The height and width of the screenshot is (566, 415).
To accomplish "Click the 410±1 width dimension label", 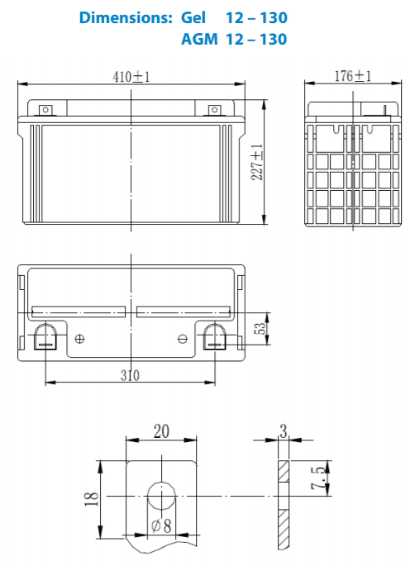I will click(132, 77).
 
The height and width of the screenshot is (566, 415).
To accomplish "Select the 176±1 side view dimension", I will click(353, 76).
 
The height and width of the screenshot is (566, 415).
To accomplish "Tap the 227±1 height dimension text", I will click(258, 162).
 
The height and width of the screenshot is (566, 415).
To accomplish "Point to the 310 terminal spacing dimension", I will click(130, 375).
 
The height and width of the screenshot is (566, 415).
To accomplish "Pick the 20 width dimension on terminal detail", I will click(161, 430).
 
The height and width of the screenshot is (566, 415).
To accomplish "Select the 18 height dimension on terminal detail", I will click(92, 497).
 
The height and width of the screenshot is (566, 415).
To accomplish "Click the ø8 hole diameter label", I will click(162, 526).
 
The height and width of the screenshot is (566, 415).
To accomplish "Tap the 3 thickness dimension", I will click(283, 430).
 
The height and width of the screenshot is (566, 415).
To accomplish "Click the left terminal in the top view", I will click(45, 336).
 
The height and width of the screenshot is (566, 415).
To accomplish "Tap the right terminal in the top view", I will click(216, 336).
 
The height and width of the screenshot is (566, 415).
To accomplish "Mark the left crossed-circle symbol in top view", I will click(80, 339).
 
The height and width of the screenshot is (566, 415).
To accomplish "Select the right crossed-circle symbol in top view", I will click(184, 339).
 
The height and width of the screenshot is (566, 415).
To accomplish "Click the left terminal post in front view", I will click(45, 108).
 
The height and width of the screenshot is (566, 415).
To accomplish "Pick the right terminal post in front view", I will click(215, 108).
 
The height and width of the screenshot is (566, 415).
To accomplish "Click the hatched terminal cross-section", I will click(283, 496).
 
